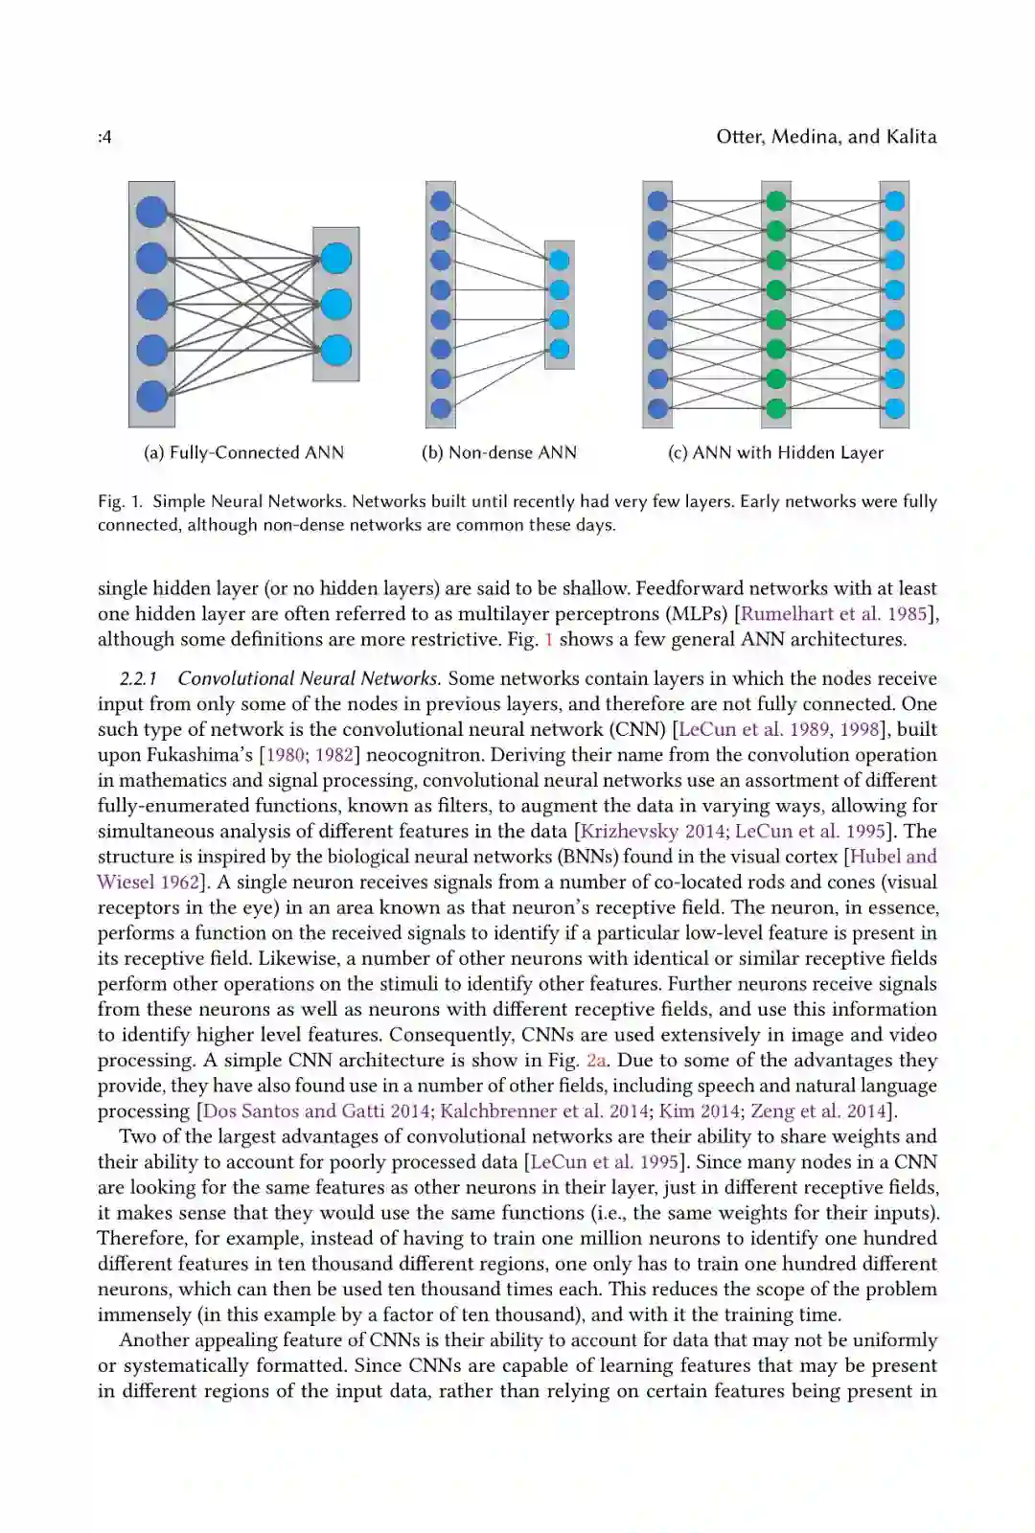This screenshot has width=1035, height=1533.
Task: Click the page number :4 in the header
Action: pos(104,137)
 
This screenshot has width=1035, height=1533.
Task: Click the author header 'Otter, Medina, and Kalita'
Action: pos(826,136)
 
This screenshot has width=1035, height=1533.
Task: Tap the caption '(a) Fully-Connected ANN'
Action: pos(243,452)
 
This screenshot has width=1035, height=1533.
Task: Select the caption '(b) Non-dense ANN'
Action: pos(499,452)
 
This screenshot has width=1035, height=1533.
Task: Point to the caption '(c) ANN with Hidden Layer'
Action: pos(775,452)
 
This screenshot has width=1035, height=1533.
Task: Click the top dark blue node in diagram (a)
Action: pos(151,212)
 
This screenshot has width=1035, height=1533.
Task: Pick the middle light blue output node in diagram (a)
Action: pos(336,305)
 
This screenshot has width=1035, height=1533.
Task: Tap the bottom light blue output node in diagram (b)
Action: pos(559,350)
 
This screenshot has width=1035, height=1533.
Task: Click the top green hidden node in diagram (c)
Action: pos(776,201)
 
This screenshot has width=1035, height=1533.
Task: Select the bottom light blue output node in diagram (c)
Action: pos(894,409)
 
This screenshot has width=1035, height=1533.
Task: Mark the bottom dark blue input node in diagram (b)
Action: pos(441,408)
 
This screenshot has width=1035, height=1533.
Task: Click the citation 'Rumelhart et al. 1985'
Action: pos(835,614)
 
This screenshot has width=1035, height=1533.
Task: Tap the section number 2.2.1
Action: pos(139,679)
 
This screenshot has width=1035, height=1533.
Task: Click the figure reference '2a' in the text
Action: pos(596,1061)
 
